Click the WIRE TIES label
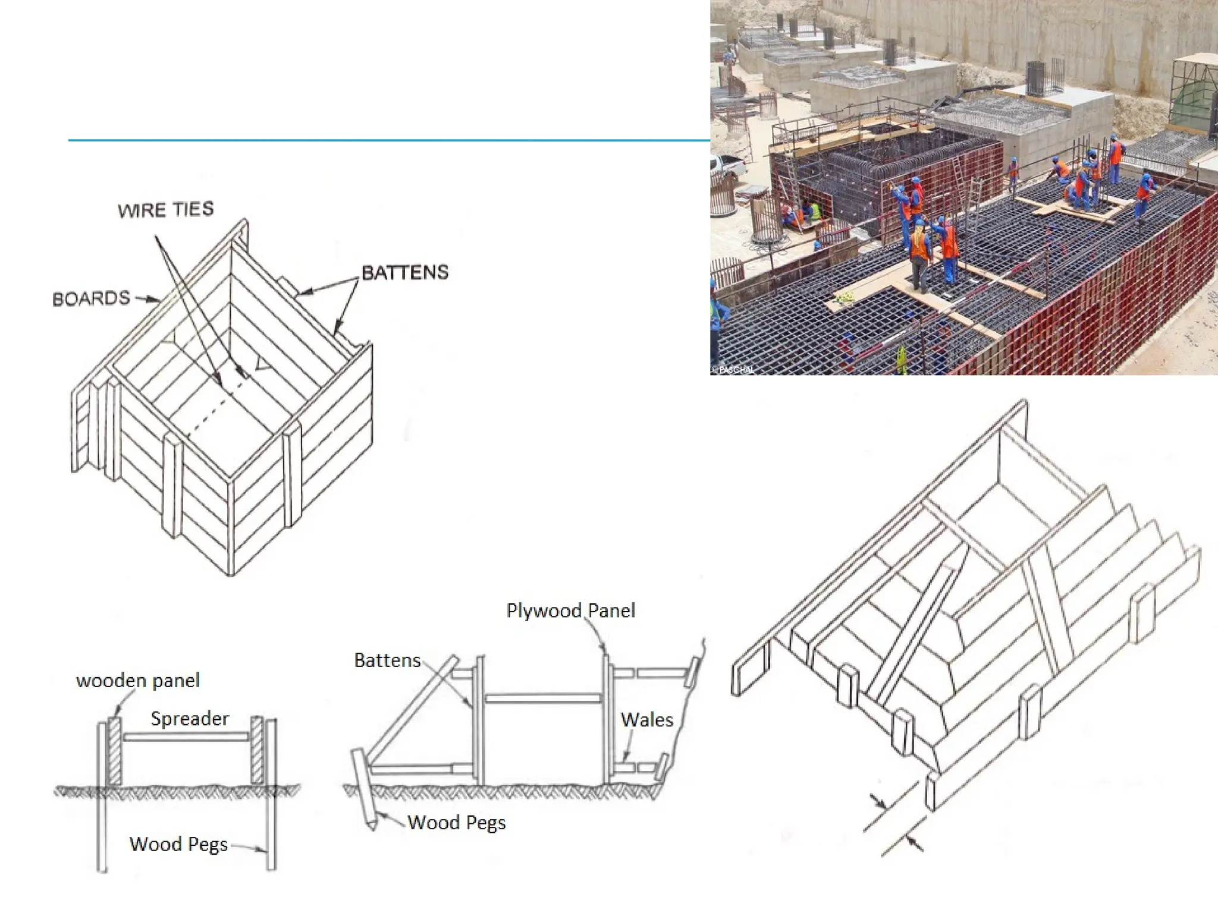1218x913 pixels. click(165, 210)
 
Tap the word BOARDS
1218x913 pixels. click(91, 298)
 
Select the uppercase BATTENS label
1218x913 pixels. click(405, 273)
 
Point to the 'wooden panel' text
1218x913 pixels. click(138, 681)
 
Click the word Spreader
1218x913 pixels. click(190, 719)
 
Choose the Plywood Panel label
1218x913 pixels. click(570, 610)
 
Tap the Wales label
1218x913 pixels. click(646, 720)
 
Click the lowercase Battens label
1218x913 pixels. click(387, 660)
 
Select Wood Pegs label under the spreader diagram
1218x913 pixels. click(178, 844)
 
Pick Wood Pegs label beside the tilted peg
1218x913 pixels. click(456, 823)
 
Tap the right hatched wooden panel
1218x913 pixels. click(257, 750)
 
